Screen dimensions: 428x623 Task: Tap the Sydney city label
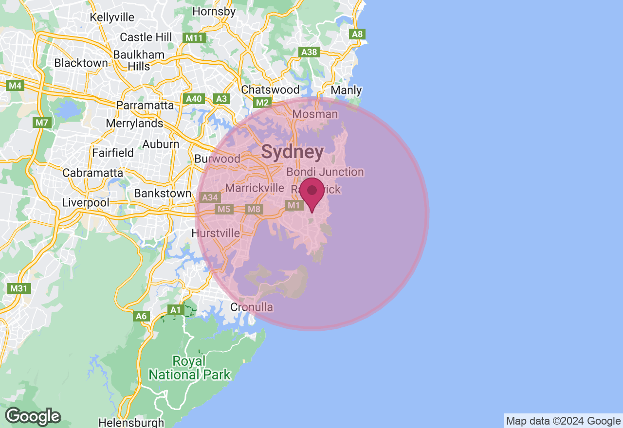point(293,152)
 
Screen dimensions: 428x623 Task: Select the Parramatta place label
point(145,105)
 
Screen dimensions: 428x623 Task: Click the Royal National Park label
point(189,368)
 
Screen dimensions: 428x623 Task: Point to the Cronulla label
point(252,307)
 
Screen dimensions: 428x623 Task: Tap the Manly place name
point(346,90)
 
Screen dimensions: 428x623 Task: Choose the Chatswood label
point(270,90)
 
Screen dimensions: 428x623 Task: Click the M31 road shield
point(19,288)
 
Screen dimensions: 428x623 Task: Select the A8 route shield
point(358,34)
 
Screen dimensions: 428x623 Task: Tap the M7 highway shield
point(41,123)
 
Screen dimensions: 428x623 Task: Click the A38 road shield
point(309,52)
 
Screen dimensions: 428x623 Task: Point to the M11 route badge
point(195,38)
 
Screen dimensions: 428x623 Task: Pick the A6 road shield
point(141,316)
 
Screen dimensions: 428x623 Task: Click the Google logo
point(33,417)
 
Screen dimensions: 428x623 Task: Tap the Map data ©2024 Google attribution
point(563,421)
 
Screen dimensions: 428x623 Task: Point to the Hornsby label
point(214,11)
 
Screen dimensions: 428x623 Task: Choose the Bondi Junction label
point(325,172)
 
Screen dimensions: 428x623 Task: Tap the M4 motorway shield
point(16,86)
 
